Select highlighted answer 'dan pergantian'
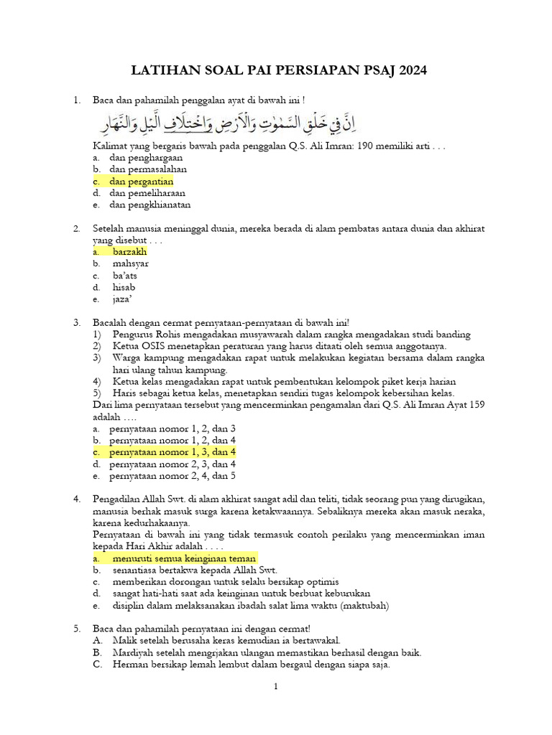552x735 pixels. click(142, 182)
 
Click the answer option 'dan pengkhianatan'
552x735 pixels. click(149, 205)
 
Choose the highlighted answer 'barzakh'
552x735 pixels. click(129, 252)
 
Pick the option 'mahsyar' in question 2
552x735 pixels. click(131, 263)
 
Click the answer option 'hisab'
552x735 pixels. click(124, 287)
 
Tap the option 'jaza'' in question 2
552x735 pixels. click(123, 299)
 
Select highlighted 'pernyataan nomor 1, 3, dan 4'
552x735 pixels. click(172, 452)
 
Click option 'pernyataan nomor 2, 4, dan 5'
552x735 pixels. click(172, 475)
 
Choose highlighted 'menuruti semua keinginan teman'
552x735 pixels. click(184, 558)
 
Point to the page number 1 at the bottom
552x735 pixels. click(275, 687)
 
